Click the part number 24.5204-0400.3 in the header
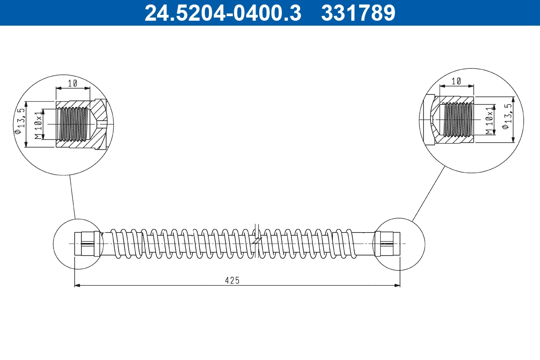pyautogui.click(x=222, y=13)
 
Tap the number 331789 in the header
pyautogui.click(x=358, y=13)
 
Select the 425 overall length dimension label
pyautogui.click(x=232, y=280)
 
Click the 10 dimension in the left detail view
pyautogui.click(x=73, y=83)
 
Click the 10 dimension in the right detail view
pyautogui.click(x=456, y=81)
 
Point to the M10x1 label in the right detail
pyautogui.click(x=489, y=121)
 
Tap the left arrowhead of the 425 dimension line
pyautogui.click(x=77, y=285)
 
